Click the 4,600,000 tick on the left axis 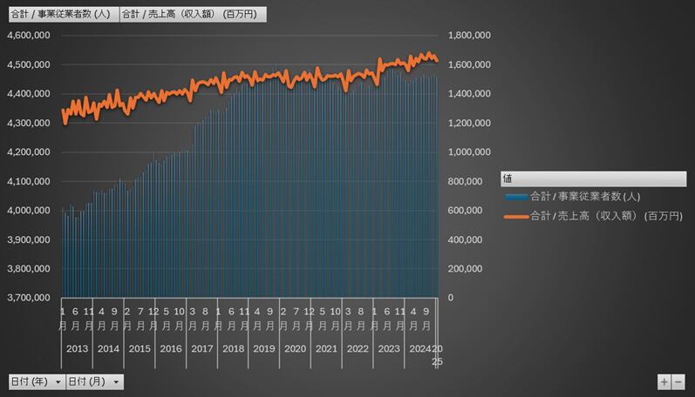coord(28,35)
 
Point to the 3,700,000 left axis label coord(28,298)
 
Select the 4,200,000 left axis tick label coord(28,152)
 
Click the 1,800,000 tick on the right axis coord(469,35)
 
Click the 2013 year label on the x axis coord(78,348)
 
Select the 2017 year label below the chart coord(201,348)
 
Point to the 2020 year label coord(295,348)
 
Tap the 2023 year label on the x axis coord(388,348)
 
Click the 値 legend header coord(508,178)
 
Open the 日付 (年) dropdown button coord(58,382)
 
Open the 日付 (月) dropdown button coord(116,382)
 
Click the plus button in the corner coord(664,382)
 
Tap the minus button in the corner coord(678,382)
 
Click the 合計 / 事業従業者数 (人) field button coord(60,14)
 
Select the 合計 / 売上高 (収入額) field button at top coord(189,14)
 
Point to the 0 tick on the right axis coord(450,298)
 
